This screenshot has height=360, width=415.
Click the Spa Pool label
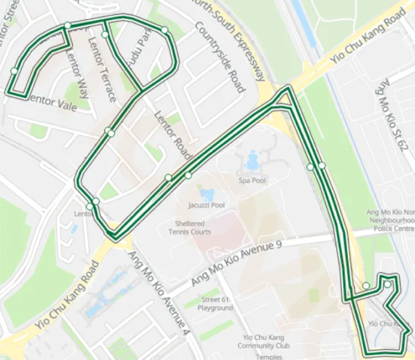point(252,181)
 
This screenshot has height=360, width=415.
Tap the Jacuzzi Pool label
point(206,205)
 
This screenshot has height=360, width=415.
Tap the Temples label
point(268,357)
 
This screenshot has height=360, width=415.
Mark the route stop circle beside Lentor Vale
point(14,70)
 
